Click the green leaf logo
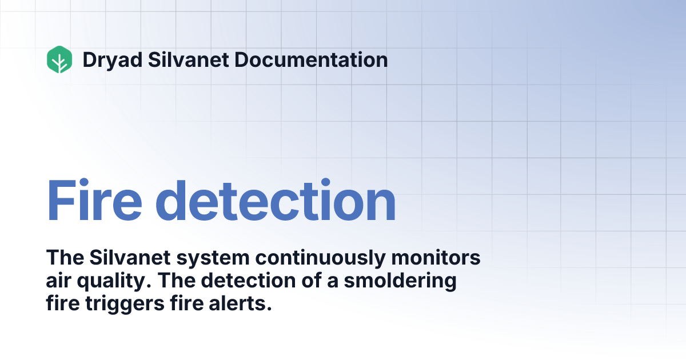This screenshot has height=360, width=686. point(59,59)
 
